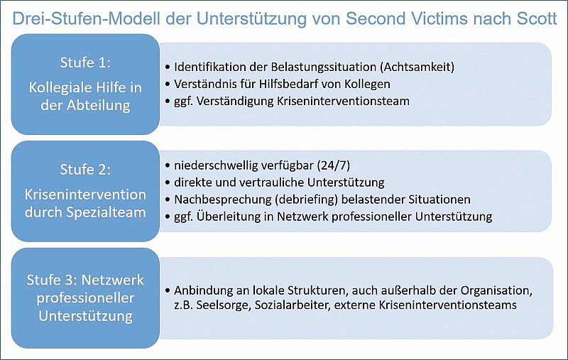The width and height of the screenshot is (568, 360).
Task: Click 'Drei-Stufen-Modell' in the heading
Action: pos(86,18)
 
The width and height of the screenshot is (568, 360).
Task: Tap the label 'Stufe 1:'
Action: pos(85,62)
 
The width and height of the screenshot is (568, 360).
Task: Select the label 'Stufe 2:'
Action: pos(85,170)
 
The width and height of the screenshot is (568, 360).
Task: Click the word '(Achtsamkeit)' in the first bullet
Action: pos(417,67)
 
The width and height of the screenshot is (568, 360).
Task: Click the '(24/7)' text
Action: pos(334,165)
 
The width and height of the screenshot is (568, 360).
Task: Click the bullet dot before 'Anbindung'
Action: pos(168,290)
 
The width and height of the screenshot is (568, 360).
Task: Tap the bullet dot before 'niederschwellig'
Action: pos(168,165)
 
